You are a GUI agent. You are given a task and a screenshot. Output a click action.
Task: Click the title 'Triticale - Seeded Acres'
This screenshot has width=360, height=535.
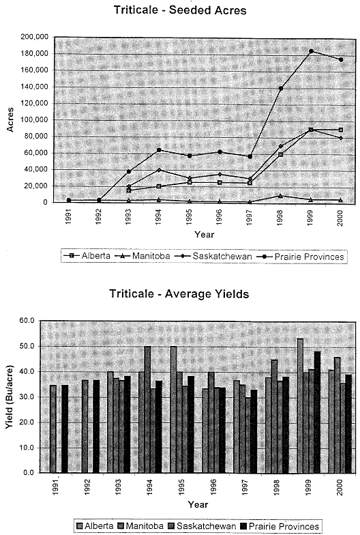tap(180, 10)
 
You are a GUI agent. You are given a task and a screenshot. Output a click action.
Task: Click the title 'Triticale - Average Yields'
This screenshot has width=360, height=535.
tap(179, 293)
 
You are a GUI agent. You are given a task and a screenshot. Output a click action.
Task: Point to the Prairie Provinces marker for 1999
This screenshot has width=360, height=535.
tap(311, 51)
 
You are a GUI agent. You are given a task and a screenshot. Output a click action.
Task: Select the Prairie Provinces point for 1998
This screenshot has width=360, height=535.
tap(281, 89)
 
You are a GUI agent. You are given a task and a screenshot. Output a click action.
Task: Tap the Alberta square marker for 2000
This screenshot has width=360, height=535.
tap(341, 130)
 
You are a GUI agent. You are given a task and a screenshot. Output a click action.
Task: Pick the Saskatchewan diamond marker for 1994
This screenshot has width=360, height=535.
tap(159, 170)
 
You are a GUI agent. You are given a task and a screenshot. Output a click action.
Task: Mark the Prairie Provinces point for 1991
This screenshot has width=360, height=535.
tap(69, 201)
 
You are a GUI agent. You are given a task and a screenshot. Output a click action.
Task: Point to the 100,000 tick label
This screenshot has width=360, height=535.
tap(34, 120)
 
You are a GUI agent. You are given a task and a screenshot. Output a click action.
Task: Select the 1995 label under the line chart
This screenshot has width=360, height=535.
tap(190, 216)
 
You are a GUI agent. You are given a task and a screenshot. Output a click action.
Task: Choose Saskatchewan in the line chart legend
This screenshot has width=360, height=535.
tap(214, 256)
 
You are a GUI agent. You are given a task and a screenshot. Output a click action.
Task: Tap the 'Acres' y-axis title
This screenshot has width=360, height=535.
tap(10, 119)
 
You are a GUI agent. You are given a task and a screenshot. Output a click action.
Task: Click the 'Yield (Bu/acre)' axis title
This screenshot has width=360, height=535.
tap(10, 397)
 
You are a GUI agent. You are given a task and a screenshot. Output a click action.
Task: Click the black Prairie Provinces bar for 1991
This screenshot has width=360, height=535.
tap(65, 429)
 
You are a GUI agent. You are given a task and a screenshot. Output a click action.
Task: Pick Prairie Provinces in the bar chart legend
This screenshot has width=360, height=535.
tap(281, 526)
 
